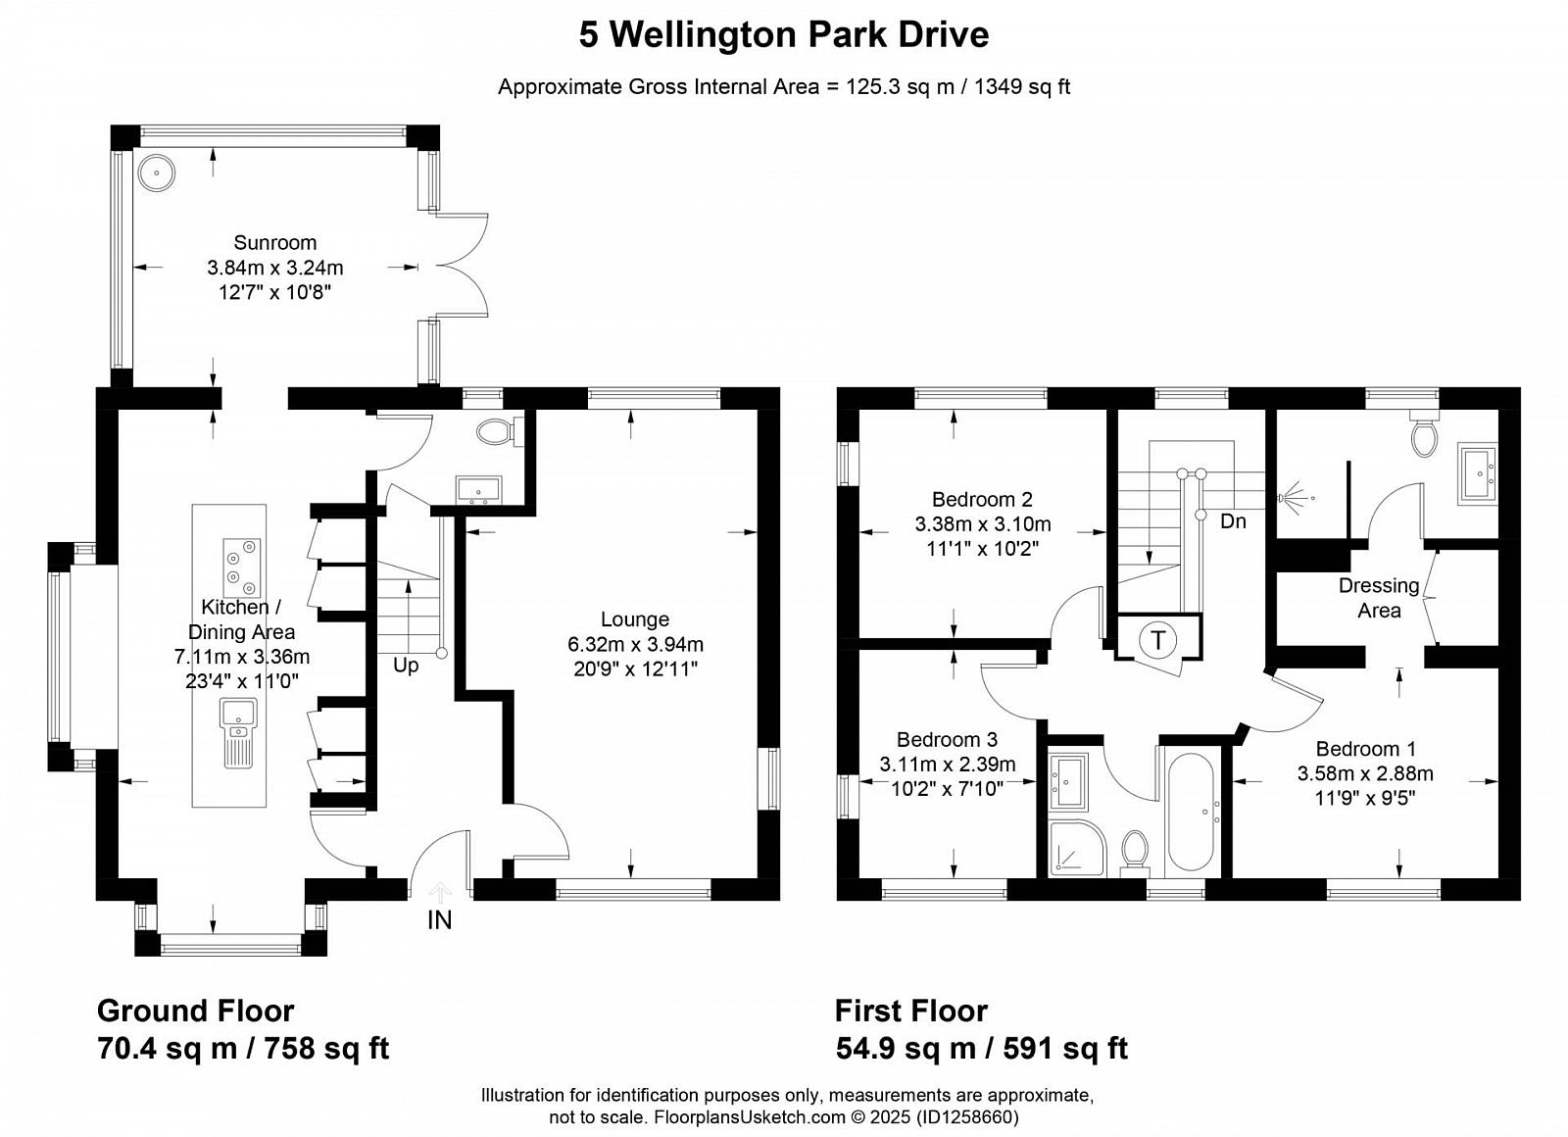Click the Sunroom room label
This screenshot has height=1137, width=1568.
[275, 242]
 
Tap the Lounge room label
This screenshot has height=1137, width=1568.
[635, 618]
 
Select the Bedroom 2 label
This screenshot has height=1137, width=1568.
[982, 499]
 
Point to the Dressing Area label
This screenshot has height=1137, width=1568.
[1379, 598]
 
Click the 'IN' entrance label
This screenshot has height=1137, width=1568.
[440, 920]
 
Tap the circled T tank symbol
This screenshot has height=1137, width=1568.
[1158, 640]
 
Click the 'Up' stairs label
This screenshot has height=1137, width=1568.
[406, 666]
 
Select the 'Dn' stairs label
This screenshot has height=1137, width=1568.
[1233, 520]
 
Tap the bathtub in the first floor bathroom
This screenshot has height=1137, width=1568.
[1191, 813]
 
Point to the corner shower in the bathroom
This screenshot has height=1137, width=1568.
[1078, 847]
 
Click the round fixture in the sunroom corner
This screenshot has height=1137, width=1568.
[156, 173]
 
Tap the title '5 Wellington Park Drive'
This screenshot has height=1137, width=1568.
[783, 35]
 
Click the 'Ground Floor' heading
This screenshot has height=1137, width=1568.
[195, 1011]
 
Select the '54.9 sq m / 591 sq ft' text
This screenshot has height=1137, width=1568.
[981, 1049]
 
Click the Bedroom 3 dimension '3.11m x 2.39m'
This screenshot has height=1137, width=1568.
[947, 765]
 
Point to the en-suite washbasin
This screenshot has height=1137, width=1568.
[1477, 473]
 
